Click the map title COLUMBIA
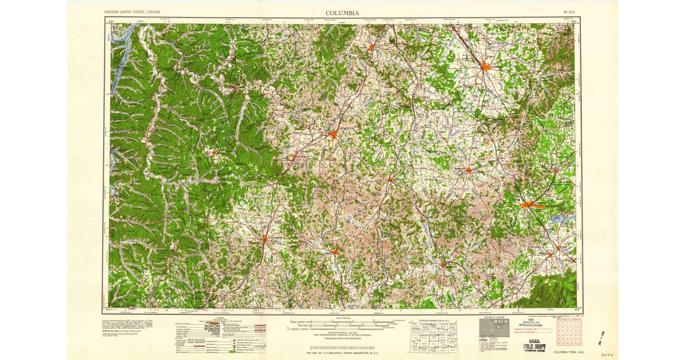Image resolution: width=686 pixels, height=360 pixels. (x=342, y=13)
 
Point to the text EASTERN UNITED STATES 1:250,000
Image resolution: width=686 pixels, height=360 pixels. (x=133, y=12)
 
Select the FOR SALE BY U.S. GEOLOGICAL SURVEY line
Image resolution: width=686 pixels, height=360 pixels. (x=342, y=353)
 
